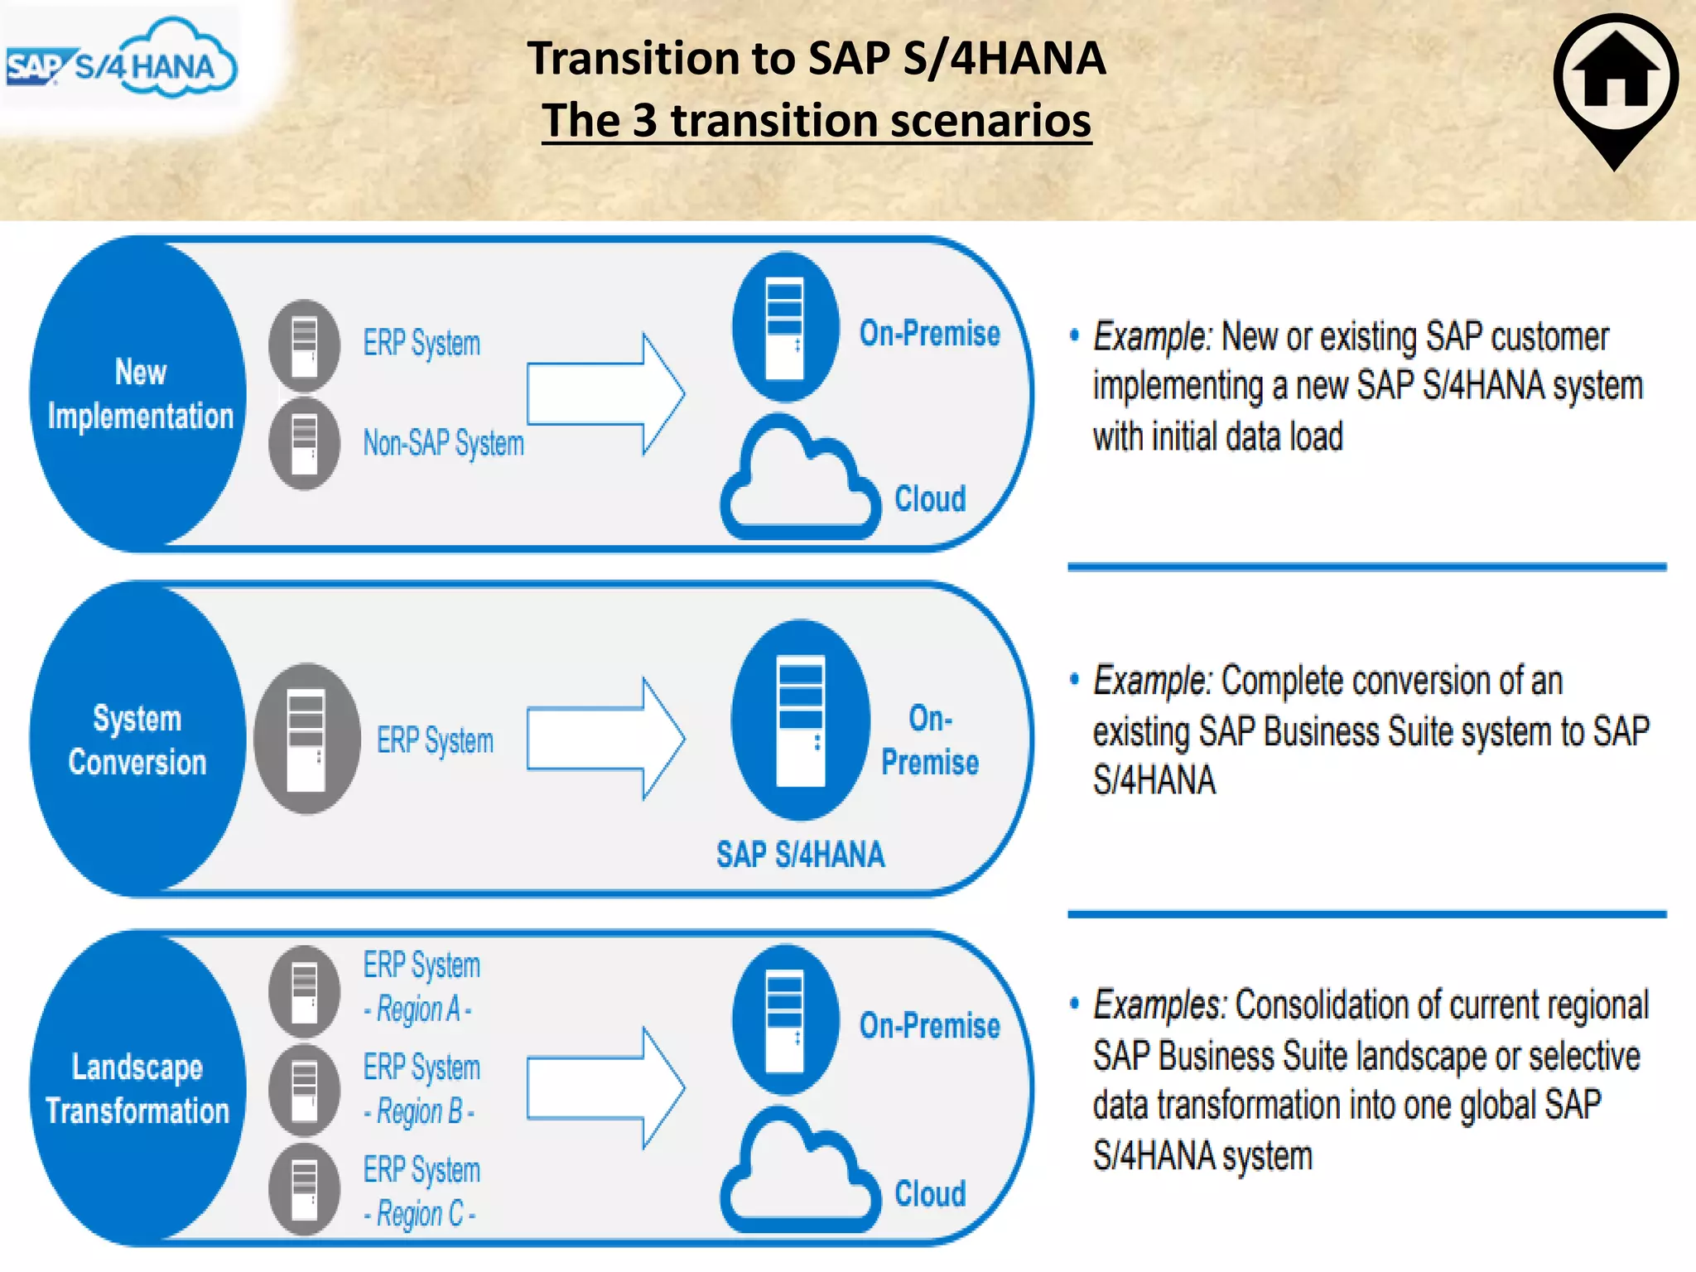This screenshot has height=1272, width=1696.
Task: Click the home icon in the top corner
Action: pyautogui.click(x=1615, y=79)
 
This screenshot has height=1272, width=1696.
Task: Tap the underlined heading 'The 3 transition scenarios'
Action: pyautogui.click(x=817, y=121)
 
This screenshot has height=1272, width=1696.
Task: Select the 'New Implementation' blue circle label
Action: pyautogui.click(x=139, y=394)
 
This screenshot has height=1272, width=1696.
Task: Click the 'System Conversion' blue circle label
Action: pyautogui.click(x=137, y=740)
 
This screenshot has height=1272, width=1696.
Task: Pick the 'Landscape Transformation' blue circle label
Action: pyautogui.click(x=137, y=1088)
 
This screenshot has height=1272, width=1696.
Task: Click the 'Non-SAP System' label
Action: pyautogui.click(x=443, y=444)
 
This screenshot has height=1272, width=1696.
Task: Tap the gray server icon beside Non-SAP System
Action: pyautogui.click(x=305, y=444)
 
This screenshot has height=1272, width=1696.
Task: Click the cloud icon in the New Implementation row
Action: pyautogui.click(x=799, y=483)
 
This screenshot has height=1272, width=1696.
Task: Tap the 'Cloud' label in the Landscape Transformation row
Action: pyautogui.click(x=930, y=1193)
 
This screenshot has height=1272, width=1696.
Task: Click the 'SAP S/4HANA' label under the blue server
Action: pyautogui.click(x=800, y=855)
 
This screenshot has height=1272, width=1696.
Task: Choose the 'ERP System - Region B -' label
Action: pyautogui.click(x=422, y=1088)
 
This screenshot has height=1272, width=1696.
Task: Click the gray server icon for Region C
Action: pyautogui.click(x=305, y=1189)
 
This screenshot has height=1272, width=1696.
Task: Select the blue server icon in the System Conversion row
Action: pyautogui.click(x=801, y=720)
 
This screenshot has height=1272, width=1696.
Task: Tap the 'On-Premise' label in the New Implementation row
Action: pyautogui.click(x=929, y=333)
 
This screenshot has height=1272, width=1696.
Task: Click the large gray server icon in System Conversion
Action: pyautogui.click(x=306, y=739)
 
